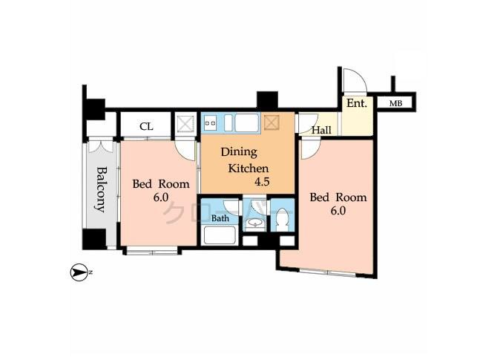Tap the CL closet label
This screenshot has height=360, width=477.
[x=147, y=126]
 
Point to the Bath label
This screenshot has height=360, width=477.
[x=220, y=219]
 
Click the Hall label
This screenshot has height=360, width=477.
[x=321, y=131]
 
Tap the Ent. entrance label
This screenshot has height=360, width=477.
[x=357, y=104]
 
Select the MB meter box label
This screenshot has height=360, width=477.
[x=396, y=104]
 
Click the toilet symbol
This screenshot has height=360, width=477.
[x=281, y=223]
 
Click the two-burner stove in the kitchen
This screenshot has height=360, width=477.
[x=209, y=122]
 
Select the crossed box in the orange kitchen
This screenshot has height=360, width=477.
[x=272, y=121]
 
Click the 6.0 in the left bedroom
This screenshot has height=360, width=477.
[x=160, y=197]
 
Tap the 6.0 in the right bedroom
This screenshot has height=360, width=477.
[x=338, y=211]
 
